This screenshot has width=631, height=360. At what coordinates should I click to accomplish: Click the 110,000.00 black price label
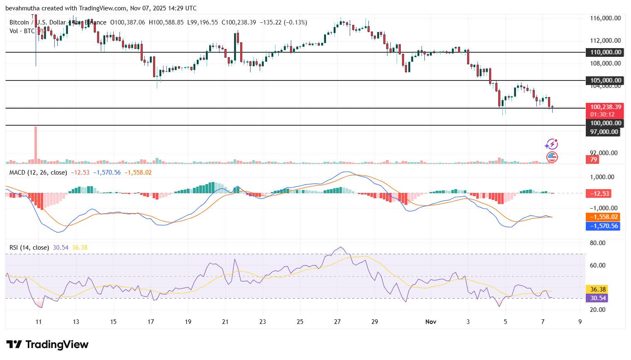[x=605, y=52]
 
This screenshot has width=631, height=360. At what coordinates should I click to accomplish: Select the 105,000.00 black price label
[x=605, y=80]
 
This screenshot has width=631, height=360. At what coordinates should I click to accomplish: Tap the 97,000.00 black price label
[x=604, y=132]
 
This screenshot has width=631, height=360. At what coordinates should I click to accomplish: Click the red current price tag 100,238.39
[x=605, y=107]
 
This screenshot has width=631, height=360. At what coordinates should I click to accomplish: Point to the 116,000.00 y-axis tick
[x=605, y=18]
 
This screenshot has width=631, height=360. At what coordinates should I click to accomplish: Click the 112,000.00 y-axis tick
[x=605, y=41]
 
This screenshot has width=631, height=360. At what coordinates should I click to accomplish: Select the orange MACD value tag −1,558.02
[x=603, y=217]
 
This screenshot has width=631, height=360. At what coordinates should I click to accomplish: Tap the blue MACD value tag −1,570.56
[x=603, y=226]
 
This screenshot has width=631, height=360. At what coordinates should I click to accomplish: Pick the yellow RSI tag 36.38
[x=597, y=289]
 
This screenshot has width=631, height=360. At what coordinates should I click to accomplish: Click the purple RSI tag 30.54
[x=597, y=298]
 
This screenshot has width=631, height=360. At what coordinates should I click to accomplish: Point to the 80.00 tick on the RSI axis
[x=597, y=243]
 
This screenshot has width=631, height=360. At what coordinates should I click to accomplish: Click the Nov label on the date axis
[x=431, y=322]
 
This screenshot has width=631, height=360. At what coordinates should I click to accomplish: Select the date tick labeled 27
[x=337, y=322]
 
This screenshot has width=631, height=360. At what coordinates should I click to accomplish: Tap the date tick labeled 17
[x=151, y=322]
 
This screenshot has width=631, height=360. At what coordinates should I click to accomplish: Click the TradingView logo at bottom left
[x=47, y=345]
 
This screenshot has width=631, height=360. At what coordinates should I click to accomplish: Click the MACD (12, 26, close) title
[x=38, y=173]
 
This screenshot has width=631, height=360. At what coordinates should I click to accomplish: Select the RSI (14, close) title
[x=29, y=248]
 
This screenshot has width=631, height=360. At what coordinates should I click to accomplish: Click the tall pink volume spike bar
[x=36, y=143]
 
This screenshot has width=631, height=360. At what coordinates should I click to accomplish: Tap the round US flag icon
[x=552, y=157]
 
